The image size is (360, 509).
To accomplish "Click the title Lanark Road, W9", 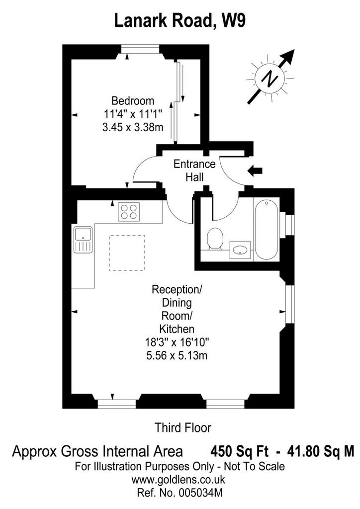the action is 180,21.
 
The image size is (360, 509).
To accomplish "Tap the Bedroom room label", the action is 133,100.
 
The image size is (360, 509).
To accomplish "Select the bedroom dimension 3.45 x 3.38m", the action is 133,127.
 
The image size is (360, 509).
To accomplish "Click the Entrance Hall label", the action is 194,170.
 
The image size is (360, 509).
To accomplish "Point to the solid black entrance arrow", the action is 255,170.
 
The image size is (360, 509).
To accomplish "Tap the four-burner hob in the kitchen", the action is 129,212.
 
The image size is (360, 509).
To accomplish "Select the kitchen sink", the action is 83,240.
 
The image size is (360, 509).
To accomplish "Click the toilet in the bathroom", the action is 215,239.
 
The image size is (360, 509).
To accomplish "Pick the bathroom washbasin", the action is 240,250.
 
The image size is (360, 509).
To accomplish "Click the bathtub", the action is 266,230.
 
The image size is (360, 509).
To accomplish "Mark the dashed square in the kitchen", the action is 127,253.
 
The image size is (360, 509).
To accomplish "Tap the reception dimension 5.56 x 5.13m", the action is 177,356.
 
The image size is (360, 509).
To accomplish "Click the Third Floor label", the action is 183,427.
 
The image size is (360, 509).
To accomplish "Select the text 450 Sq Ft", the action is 240,451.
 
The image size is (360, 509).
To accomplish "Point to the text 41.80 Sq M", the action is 320,451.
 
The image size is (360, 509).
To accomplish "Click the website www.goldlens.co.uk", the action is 178,480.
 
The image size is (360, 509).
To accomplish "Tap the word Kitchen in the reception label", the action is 177,329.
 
